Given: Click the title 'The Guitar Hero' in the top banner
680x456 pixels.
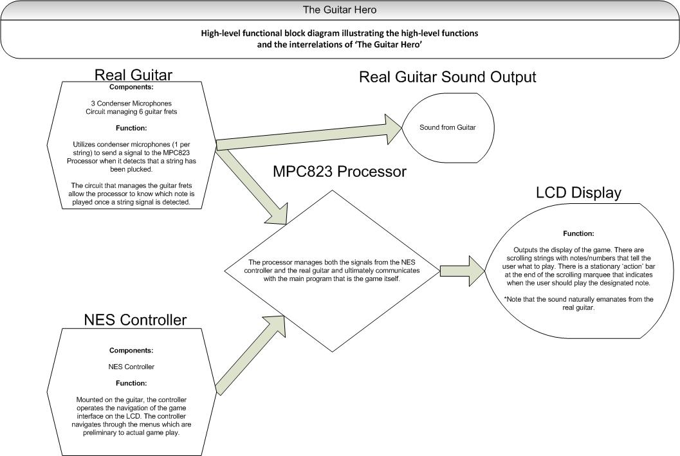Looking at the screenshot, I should click(x=339, y=10).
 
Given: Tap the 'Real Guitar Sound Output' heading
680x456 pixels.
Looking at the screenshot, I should click(x=447, y=77).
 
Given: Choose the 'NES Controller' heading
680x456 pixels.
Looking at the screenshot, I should click(x=135, y=320).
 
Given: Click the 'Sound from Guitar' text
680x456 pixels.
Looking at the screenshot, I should click(x=447, y=128).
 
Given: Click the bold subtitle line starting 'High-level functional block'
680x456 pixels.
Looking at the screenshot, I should click(x=339, y=32).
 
